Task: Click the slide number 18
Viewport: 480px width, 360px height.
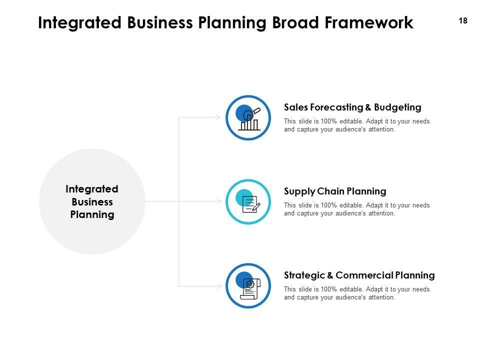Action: click(x=462, y=21)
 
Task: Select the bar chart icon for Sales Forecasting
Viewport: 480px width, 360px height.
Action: click(x=249, y=119)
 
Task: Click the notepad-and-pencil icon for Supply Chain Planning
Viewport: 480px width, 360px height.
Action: click(x=250, y=203)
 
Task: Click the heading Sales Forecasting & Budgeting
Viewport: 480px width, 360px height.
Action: click(x=352, y=107)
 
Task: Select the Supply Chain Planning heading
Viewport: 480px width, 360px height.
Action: click(x=335, y=191)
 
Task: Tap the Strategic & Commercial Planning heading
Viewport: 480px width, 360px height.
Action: click(x=359, y=275)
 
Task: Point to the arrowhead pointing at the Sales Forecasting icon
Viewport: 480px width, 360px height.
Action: click(x=218, y=117)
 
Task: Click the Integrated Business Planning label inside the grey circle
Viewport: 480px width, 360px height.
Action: click(x=92, y=202)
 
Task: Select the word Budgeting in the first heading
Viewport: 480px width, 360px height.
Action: click(x=397, y=107)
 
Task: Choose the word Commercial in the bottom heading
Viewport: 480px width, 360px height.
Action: click(x=364, y=275)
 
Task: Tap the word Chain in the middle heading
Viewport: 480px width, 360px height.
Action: click(x=330, y=191)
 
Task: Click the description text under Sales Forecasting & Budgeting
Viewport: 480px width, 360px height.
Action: click(x=356, y=125)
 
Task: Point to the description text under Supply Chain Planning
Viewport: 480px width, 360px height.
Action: click(x=356, y=209)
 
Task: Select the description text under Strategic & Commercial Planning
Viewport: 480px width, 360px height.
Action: click(x=356, y=293)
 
